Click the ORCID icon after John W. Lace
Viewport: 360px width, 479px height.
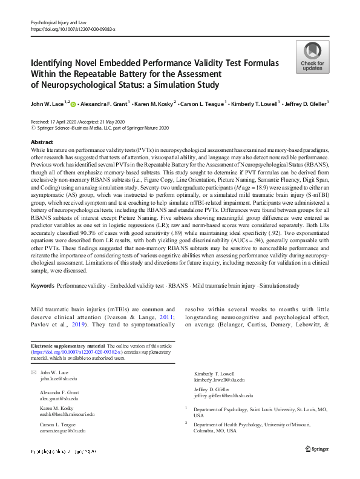(74, 104)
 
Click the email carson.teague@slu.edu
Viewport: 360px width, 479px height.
(63, 431)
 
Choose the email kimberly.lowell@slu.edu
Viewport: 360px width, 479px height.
(219, 380)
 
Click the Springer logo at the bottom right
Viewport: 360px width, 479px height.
(317, 449)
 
